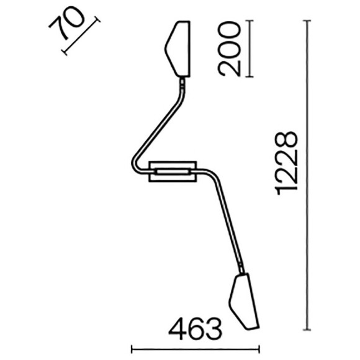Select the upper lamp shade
coord(178,48)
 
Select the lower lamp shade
coord(244,300)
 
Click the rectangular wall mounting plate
coord(173,171)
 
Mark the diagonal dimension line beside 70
coord(81,38)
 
